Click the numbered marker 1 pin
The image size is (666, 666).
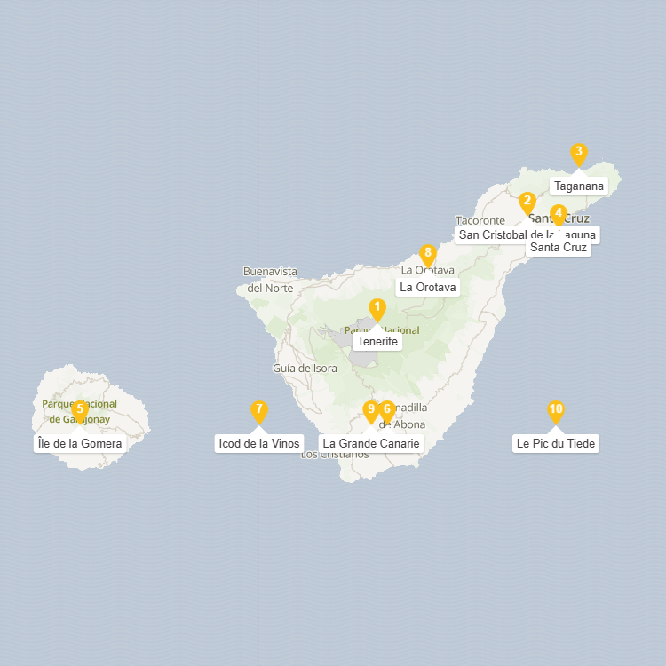377,309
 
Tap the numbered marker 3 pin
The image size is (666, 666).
579,154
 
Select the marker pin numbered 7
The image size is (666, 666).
258,411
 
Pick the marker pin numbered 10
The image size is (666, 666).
556,411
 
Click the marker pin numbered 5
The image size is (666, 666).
79,410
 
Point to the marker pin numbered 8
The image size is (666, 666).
428,255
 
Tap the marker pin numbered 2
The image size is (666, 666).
527,202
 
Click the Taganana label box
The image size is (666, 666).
578,186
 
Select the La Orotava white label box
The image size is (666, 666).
428,288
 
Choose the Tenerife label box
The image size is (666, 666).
378,341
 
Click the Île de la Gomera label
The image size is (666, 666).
79,443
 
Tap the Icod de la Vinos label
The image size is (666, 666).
259,443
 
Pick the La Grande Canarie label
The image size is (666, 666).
370,443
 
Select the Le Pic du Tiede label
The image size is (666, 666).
557,443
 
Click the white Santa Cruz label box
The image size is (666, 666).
558,248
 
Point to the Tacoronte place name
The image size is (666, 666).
480,220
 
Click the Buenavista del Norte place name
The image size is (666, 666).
271,279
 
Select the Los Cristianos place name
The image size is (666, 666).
335,455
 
